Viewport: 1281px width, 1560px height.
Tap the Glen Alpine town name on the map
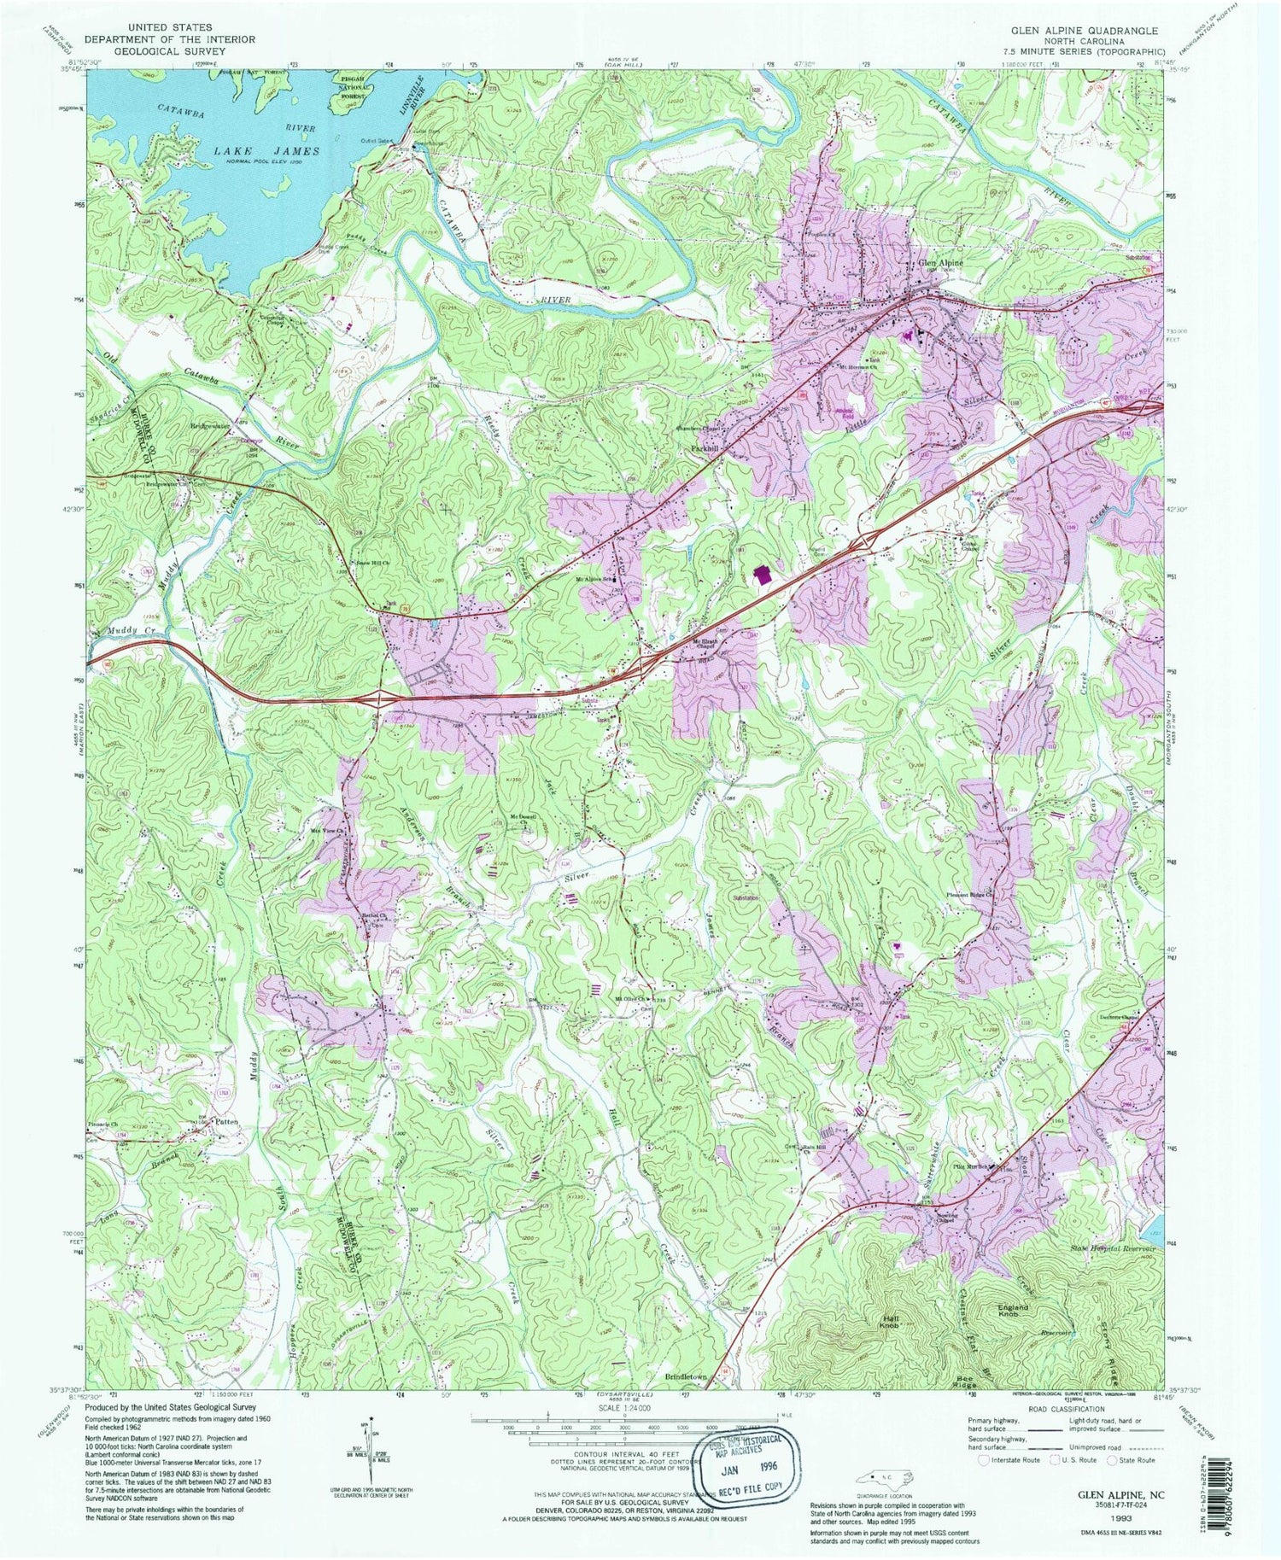click(940, 263)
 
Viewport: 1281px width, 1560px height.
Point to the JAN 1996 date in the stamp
click(749, 1469)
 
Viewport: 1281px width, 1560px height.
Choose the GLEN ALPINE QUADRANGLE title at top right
click(1085, 31)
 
